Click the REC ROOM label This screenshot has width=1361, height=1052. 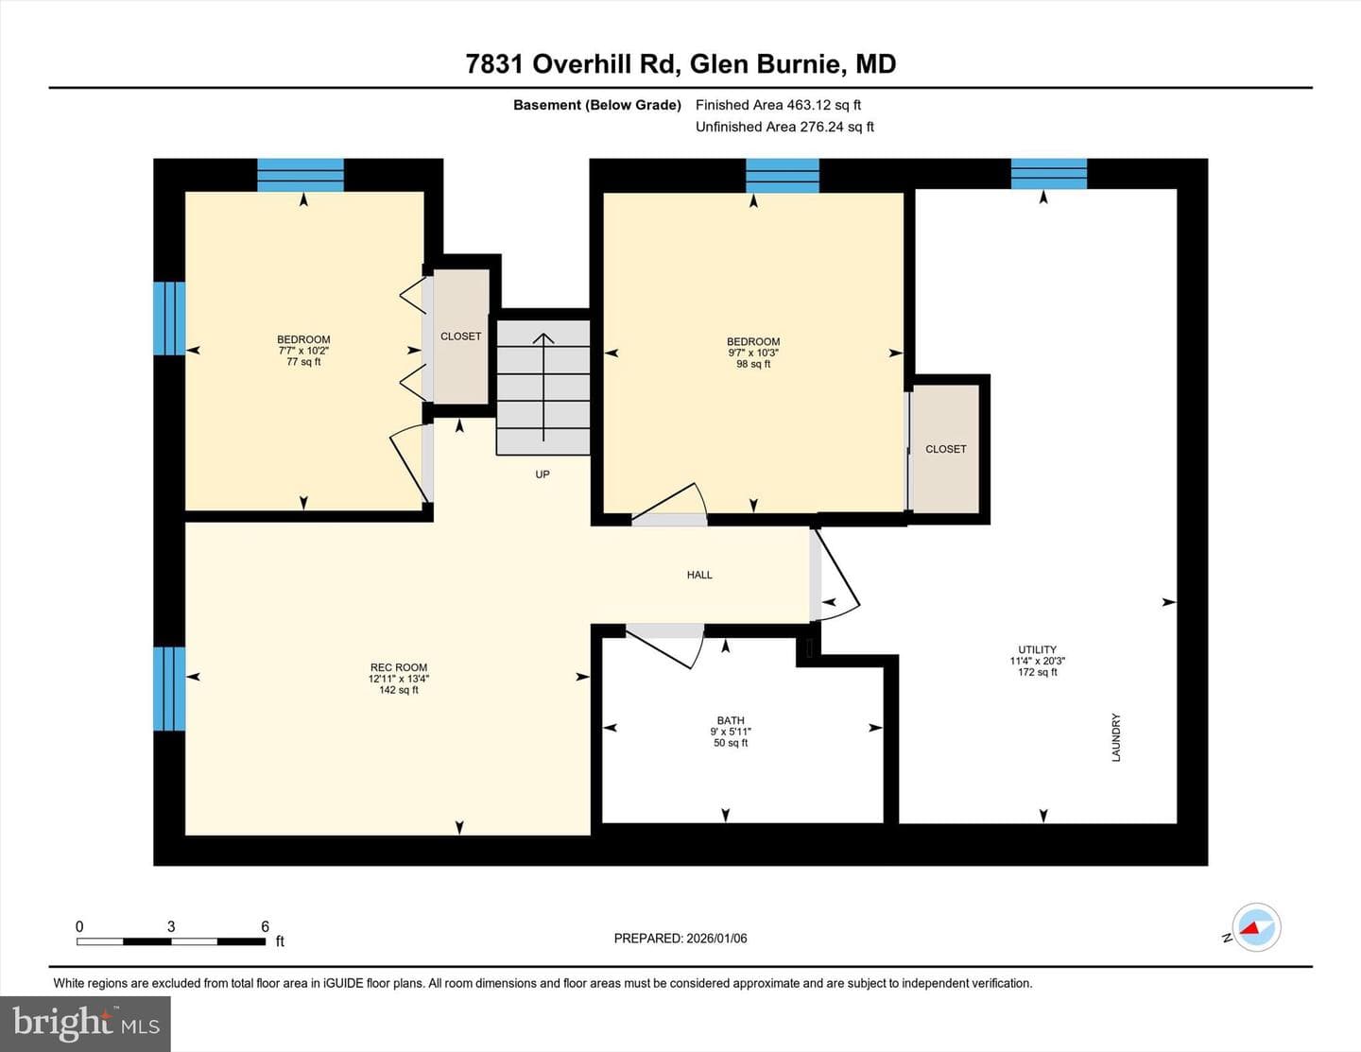coord(398,667)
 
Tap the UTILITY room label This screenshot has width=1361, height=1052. coord(1037,649)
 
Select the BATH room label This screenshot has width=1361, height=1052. coord(731,720)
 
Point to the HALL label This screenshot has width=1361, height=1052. coord(699,575)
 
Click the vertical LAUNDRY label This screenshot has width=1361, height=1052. coord(1115,737)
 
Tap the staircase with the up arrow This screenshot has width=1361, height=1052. coord(543,387)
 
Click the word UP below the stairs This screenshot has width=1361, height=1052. coord(543,474)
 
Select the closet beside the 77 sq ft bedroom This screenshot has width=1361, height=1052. coord(461,336)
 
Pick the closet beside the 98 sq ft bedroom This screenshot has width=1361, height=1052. coord(945,449)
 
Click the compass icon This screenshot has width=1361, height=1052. coord(1256,928)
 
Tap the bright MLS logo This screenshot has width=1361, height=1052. coord(85,1025)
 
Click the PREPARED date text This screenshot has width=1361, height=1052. coord(680,938)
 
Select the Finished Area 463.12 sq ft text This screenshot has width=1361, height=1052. coord(778,105)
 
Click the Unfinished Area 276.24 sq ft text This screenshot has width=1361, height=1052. coord(784,127)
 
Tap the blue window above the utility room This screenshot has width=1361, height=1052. coord(1049,174)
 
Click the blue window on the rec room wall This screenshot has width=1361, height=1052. coord(169,689)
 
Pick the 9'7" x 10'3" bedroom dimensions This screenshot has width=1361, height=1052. coord(753,353)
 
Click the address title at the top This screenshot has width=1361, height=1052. coord(680,64)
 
